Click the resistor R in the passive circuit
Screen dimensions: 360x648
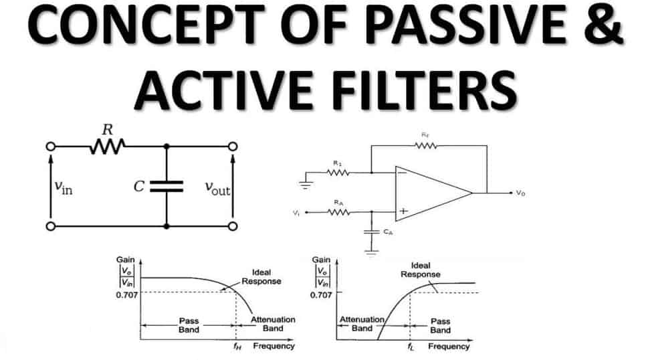106,146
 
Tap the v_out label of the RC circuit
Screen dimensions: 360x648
217,189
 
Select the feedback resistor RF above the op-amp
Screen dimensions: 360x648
426,145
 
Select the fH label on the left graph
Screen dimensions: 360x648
237,347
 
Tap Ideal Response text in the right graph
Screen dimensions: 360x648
420,270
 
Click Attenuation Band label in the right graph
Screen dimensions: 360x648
362,325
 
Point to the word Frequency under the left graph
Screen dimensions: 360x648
274,347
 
